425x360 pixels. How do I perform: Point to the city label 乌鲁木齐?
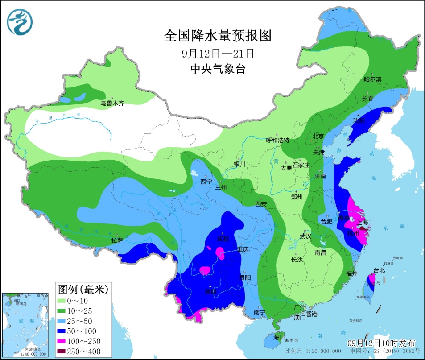[111, 103]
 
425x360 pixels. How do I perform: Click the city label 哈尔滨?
[373, 79]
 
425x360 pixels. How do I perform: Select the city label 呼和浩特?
[278, 140]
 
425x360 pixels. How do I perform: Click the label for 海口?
[279, 336]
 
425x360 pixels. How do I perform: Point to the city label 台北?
[379, 270]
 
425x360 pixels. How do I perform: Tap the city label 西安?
[261, 204]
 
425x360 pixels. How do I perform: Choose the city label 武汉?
[305, 236]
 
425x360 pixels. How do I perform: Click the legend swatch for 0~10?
[64, 302]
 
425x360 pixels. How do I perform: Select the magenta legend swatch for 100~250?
[64, 341]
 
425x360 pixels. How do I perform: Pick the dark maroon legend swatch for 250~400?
[64, 352]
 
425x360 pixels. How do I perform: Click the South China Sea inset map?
[25, 324]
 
